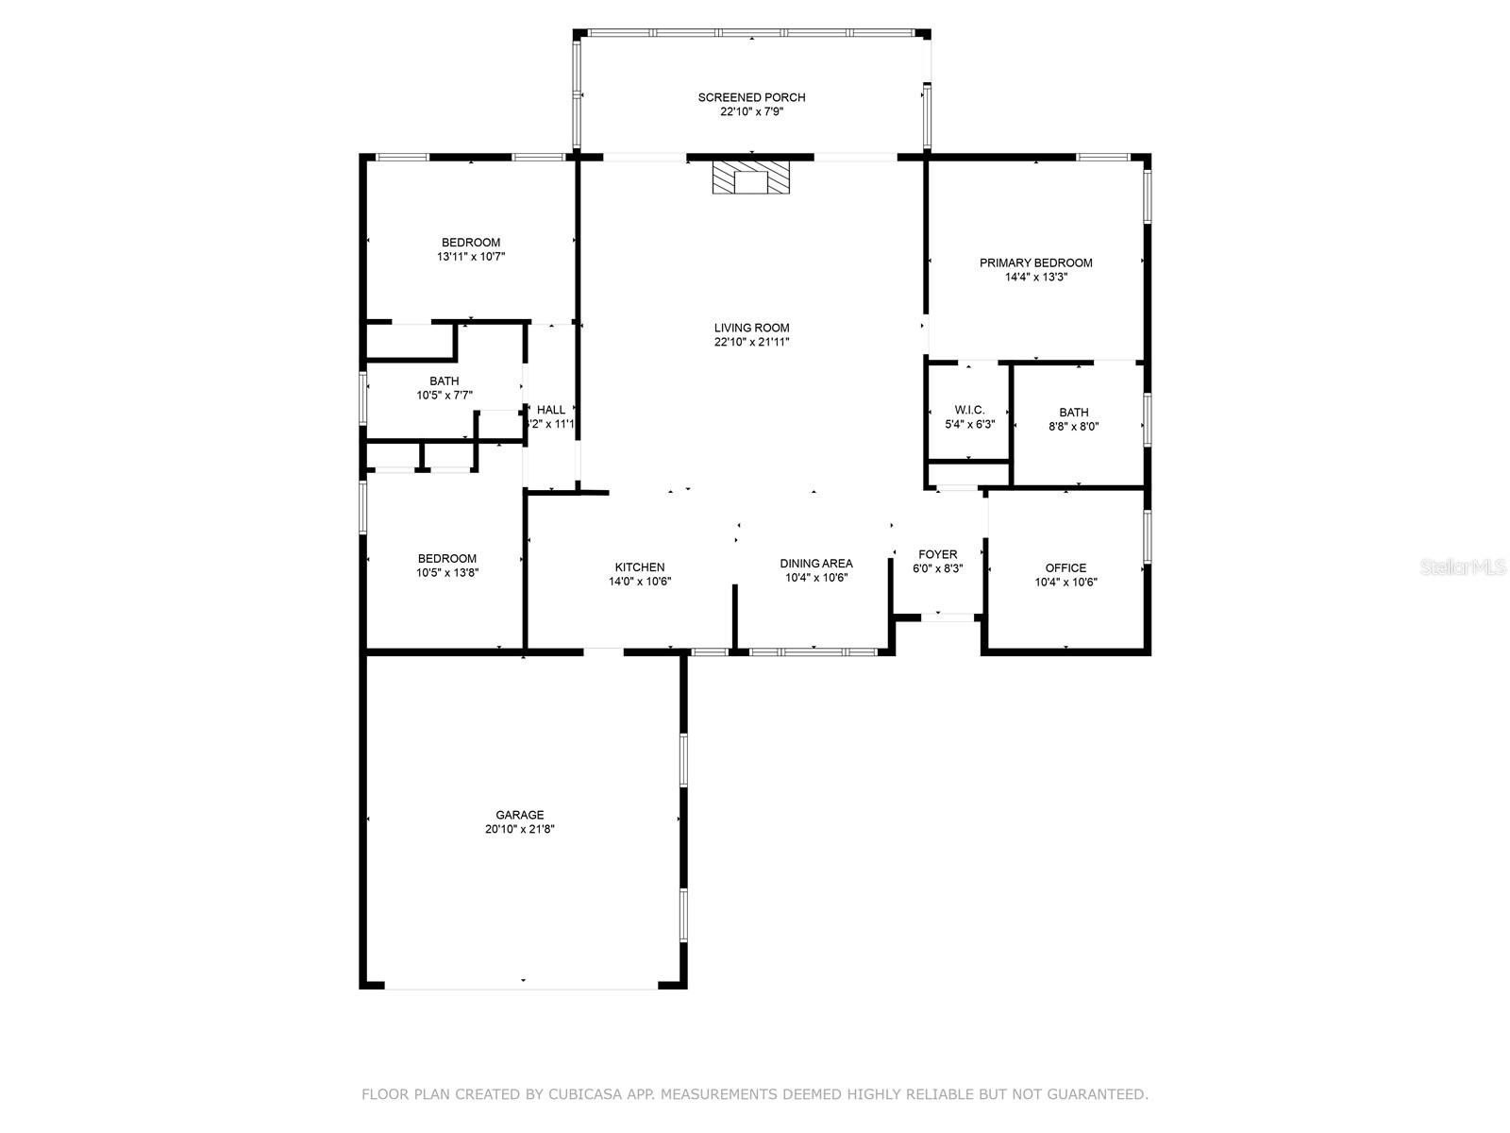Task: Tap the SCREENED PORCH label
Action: pos(751,97)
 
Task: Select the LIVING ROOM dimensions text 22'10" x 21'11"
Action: pos(751,343)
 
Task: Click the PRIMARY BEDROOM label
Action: pos(1035,262)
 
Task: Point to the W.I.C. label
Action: pos(969,410)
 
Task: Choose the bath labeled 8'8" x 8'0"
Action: pos(1073,419)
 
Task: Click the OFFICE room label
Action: pos(1065,567)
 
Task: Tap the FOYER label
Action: pos(937,554)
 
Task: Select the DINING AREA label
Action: pos(815,563)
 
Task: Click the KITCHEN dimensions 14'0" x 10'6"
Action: pos(640,582)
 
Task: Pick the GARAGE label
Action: pos(520,815)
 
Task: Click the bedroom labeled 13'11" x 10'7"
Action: pos(471,249)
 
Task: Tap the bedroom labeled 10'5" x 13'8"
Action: pos(447,565)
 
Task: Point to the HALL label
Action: pos(551,410)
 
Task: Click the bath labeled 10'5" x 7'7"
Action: pos(445,388)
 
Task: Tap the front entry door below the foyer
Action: pos(948,617)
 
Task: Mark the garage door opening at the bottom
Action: pos(521,986)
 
